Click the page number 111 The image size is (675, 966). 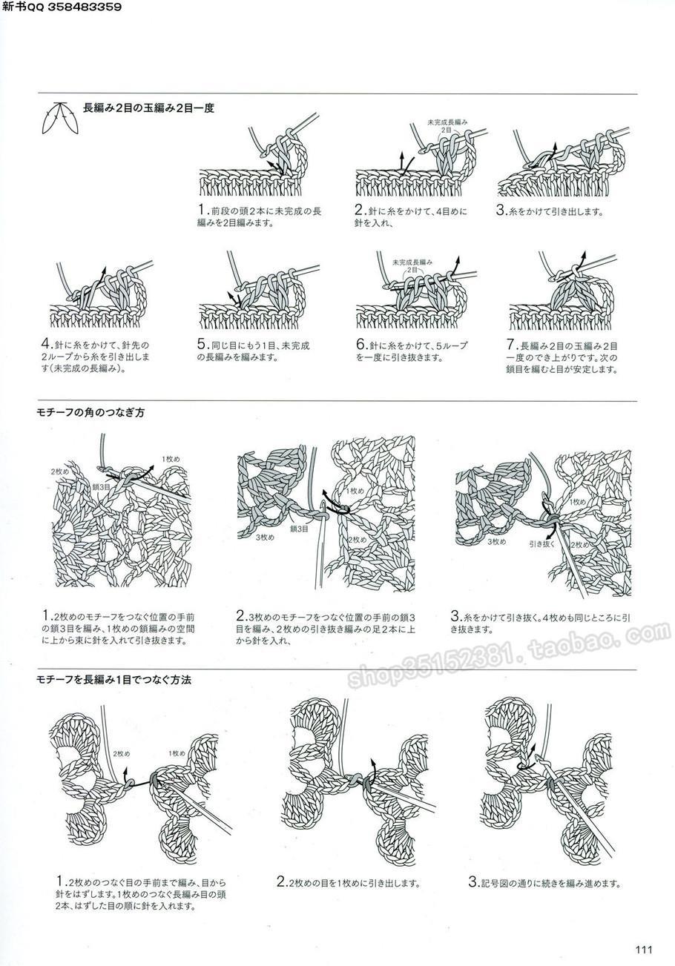pos(644,949)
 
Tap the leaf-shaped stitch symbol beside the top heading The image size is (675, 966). pos(59,118)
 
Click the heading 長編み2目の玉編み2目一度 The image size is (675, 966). pos(148,108)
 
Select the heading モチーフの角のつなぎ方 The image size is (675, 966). pos(90,412)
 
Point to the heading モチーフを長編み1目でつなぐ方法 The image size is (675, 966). pos(114,680)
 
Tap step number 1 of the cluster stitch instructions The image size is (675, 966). pos(202,210)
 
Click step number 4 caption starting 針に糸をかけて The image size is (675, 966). pos(96,357)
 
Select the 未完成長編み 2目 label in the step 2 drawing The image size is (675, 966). pos(447,126)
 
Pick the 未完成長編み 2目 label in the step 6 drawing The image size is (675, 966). pos(412,265)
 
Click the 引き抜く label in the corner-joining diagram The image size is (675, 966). pos(541,544)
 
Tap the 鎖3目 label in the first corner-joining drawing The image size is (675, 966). pos(101,487)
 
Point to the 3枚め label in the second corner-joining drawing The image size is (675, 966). pos(265,537)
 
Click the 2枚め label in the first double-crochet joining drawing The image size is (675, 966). pos(121,754)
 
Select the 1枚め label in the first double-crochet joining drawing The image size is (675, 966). pos(177,753)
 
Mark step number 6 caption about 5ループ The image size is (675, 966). pos(412,351)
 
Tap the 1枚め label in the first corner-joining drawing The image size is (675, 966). pos(171,459)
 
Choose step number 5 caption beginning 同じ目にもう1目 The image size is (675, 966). pos(254,351)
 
